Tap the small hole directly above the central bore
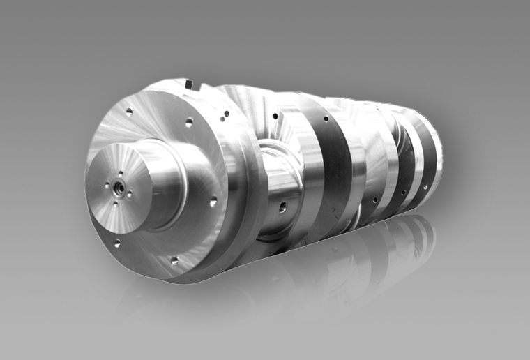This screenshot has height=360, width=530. pos(120,174)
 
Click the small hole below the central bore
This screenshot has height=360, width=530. pos(115,203)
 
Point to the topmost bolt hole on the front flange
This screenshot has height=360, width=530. pos(129,110)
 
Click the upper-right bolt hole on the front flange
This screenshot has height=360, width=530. pos(188,122)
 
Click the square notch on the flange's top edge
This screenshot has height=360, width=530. pos(189,84)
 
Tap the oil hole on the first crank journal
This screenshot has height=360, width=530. pos(282,206)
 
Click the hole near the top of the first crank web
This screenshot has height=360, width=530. pos(275,116)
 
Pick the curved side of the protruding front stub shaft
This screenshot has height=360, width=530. pos(167,178)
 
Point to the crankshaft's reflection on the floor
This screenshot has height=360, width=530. pos(335,265)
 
